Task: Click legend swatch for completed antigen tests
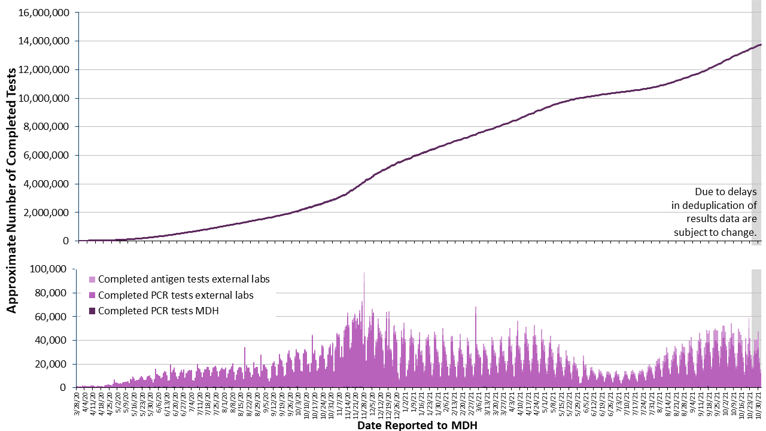(x=92, y=280)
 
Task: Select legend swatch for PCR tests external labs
(x=92, y=295)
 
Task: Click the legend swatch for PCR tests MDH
(x=92, y=311)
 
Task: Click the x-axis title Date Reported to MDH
(x=417, y=426)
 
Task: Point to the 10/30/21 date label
(x=759, y=399)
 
